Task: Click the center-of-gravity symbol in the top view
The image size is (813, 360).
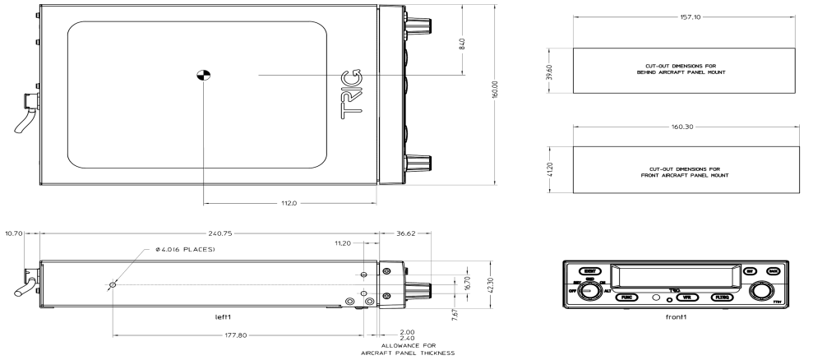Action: click(202, 76)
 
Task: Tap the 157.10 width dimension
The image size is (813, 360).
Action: click(684, 16)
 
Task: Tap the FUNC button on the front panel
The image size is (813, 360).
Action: click(628, 296)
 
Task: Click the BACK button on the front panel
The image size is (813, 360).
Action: click(772, 270)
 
